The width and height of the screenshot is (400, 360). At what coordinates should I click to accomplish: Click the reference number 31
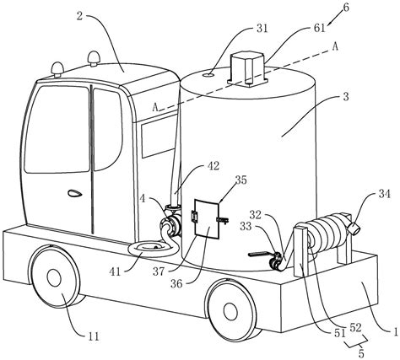point(262,29)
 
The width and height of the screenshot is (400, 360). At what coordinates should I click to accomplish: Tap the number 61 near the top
point(320,29)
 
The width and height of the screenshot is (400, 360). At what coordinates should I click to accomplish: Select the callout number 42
point(213,166)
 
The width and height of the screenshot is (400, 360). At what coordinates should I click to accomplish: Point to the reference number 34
point(384,194)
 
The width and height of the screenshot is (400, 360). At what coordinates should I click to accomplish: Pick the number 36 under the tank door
point(176,283)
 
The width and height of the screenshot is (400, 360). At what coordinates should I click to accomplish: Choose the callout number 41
point(116,271)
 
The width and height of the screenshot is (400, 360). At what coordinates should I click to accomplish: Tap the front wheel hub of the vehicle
point(54,277)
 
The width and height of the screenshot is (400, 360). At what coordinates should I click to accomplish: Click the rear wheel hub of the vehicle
point(230,311)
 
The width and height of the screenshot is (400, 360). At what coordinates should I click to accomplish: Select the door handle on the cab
point(75,193)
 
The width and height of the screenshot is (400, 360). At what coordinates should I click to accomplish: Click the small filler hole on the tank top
point(208,75)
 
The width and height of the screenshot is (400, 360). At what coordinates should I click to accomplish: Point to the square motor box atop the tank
point(247,68)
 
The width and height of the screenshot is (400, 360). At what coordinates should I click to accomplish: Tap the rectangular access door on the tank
point(207,218)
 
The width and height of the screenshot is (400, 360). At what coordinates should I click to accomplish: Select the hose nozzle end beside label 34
point(354,228)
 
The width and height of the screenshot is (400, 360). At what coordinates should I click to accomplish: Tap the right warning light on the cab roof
point(94,58)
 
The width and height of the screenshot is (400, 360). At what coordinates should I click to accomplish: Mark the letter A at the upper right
point(335,47)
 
